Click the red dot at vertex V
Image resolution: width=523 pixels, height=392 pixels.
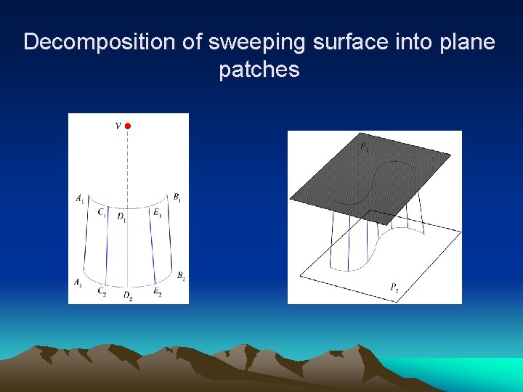click(x=128, y=126)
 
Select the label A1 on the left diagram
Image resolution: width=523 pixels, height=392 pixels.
click(x=79, y=197)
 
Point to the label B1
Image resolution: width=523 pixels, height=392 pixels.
click(x=177, y=197)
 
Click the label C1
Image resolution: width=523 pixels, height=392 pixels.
click(x=102, y=213)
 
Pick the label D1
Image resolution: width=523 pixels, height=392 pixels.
click(x=121, y=218)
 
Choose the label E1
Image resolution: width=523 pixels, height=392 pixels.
click(x=157, y=213)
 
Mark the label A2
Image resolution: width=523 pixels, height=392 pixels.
click(x=78, y=282)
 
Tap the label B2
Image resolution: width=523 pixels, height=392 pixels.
click(x=180, y=275)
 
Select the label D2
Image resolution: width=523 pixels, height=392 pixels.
click(x=127, y=296)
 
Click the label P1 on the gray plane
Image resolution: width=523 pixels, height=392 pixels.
click(x=364, y=148)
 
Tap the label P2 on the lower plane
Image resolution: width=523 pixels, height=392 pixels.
click(x=394, y=288)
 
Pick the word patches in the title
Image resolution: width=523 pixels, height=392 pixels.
click(x=259, y=70)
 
